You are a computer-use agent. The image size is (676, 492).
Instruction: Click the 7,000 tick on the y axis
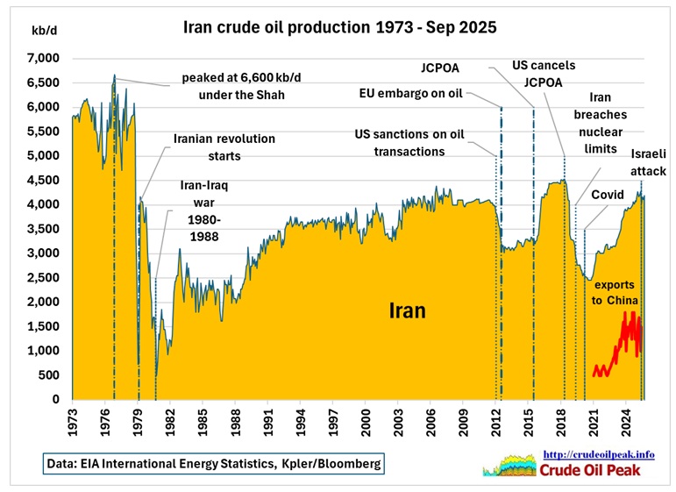pyautogui.click(x=40, y=58)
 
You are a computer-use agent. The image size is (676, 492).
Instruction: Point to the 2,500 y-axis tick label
pyautogui.click(x=40, y=278)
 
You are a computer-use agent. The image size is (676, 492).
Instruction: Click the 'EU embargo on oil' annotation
pyautogui.click(x=416, y=95)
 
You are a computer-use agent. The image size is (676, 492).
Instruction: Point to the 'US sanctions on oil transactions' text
pyautogui.click(x=409, y=143)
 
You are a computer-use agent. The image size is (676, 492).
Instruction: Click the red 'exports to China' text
pyautogui.click(x=618, y=295)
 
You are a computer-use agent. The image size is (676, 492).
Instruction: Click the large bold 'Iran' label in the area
pyautogui.click(x=408, y=310)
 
